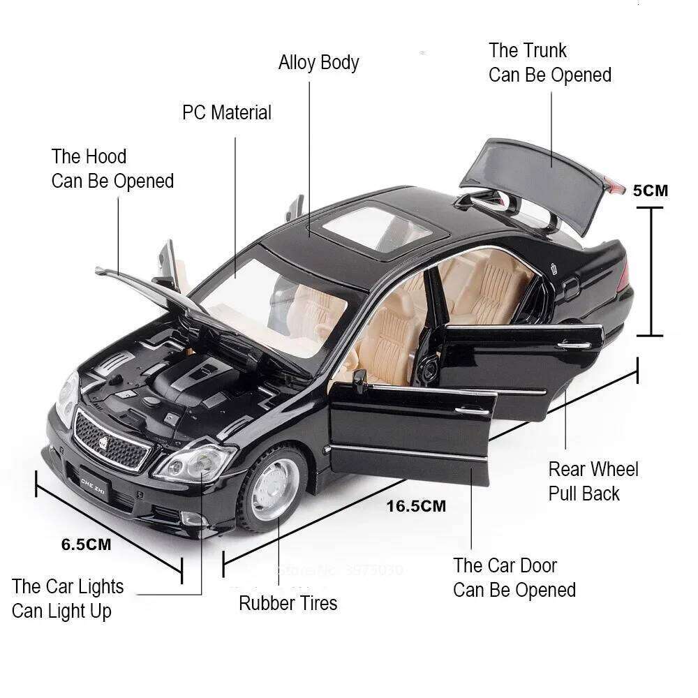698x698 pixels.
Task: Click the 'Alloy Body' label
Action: tap(318, 62)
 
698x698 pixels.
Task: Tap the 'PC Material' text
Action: tap(227, 112)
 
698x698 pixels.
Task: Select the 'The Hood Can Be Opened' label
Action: tap(112, 169)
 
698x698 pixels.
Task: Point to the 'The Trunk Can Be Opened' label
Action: tap(550, 63)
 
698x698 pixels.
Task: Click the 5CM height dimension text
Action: tap(650, 190)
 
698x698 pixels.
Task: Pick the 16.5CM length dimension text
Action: tap(416, 506)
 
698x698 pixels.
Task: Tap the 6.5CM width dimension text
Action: tap(86, 545)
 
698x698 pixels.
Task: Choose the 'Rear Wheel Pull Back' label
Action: tap(593, 481)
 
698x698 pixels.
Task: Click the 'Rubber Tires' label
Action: tap(288, 603)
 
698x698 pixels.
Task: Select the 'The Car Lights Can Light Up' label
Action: tap(68, 599)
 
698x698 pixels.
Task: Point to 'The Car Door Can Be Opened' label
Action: tap(514, 577)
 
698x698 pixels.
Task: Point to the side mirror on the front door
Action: tap(359, 380)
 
